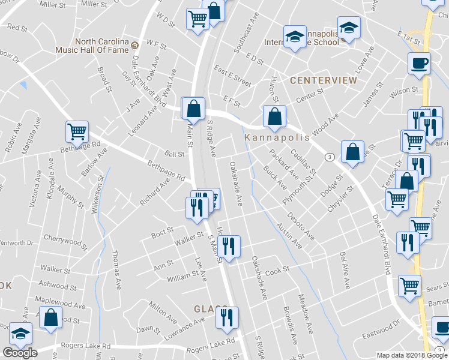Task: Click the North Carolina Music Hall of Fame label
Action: pyautogui.click(x=101, y=46)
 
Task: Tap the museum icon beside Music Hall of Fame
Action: pyautogui.click(x=135, y=45)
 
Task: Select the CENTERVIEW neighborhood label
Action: pyautogui.click(x=315, y=80)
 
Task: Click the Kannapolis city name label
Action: pyautogui.click(x=277, y=137)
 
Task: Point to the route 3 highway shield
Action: pyautogui.click(x=330, y=157)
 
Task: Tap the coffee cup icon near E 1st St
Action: pyautogui.click(x=418, y=62)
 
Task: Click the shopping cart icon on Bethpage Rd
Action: pyautogui.click(x=77, y=131)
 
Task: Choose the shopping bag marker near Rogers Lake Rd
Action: pyautogui.click(x=50, y=316)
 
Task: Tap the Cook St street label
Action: pyautogui.click(x=277, y=271)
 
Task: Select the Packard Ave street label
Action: pyautogui.click(x=284, y=164)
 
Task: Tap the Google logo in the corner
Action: pyautogui.click(x=20, y=352)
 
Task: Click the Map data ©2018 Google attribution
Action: pyautogui.click(x=412, y=355)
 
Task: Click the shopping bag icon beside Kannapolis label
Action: pyautogui.click(x=274, y=116)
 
